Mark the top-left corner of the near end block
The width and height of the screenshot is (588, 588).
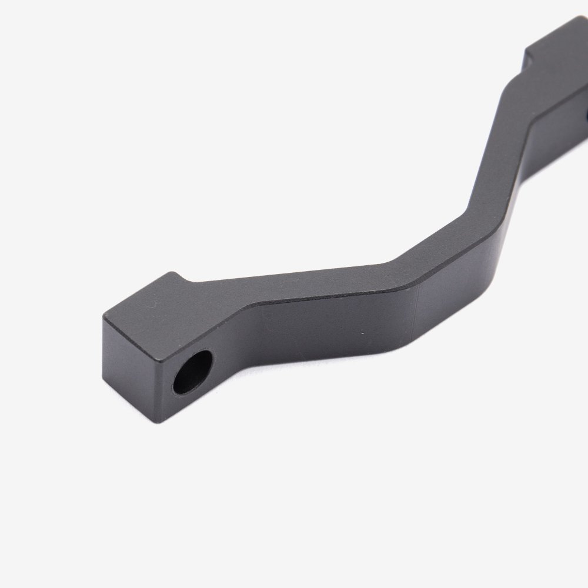(x=103, y=318)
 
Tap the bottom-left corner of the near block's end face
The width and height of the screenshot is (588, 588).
(x=106, y=382)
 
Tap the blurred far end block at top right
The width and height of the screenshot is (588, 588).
(x=559, y=47)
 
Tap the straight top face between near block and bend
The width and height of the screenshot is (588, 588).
(x=294, y=288)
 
